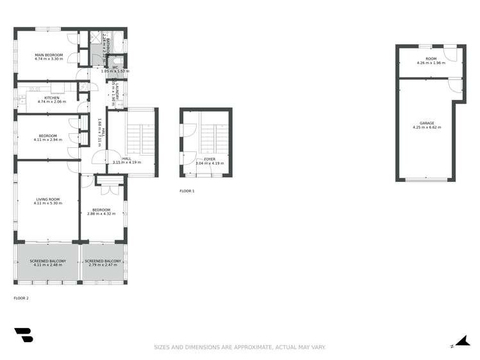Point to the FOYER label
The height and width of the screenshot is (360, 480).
click(x=210, y=159)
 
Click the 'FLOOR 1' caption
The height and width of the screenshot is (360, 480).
click(x=186, y=191)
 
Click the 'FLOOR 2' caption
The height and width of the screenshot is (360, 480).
click(x=21, y=298)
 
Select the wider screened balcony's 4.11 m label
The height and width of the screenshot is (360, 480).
click(x=48, y=265)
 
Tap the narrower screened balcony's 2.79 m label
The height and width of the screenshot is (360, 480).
click(x=103, y=265)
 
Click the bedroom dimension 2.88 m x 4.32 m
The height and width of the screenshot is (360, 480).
click(x=101, y=213)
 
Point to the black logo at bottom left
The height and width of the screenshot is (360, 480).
click(x=24, y=335)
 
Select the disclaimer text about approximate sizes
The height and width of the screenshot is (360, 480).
click(x=240, y=347)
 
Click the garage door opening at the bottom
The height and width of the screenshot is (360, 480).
click(x=427, y=180)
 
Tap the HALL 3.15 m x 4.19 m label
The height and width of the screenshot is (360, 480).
click(x=126, y=161)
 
